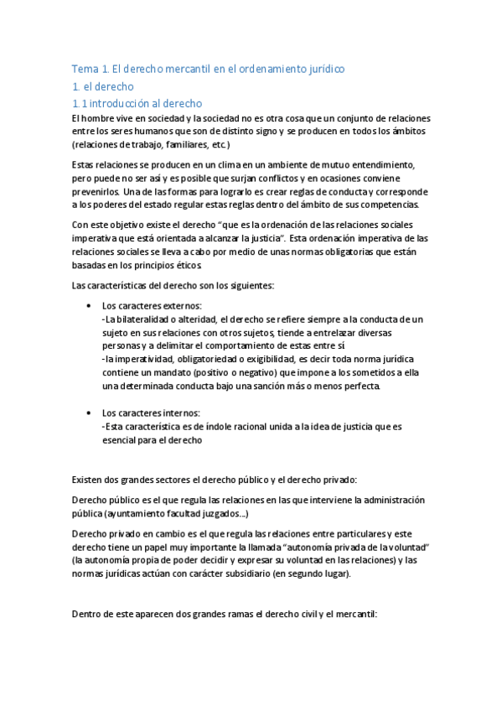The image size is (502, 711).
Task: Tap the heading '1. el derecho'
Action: click(104, 86)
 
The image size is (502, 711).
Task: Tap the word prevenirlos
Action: click(97, 192)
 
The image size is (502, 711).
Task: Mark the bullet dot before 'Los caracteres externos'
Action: click(89, 306)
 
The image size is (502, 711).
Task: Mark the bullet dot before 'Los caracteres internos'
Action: click(89, 413)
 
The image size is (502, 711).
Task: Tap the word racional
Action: click(245, 427)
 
